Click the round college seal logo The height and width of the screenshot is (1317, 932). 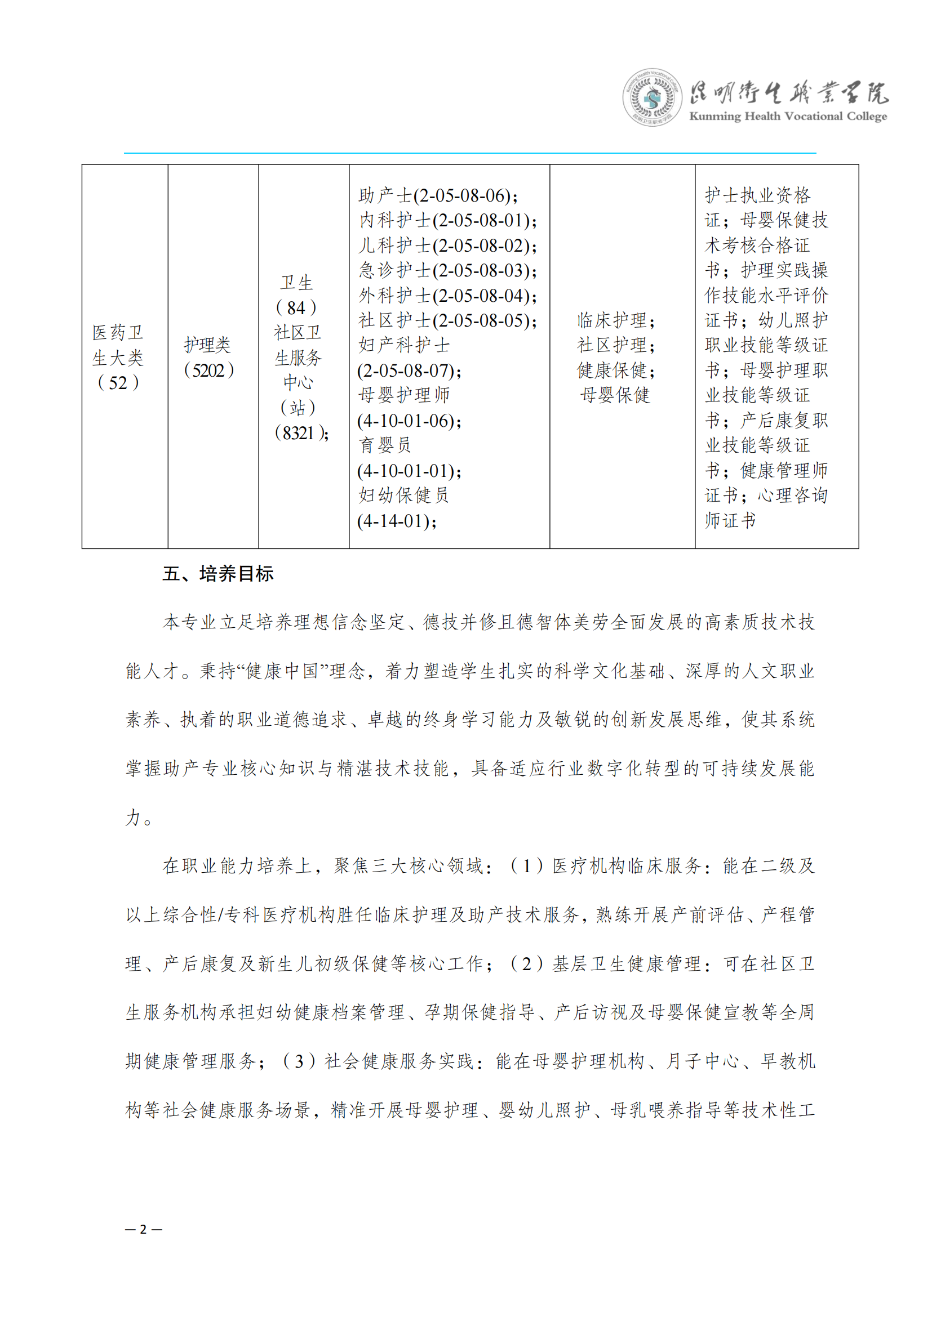click(652, 97)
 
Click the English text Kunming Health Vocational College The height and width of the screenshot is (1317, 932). click(787, 117)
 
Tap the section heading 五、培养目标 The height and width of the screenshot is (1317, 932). click(218, 574)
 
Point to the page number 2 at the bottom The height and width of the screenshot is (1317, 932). click(144, 1229)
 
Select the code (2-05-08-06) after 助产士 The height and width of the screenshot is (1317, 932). click(465, 196)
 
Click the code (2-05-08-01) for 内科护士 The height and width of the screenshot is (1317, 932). click(485, 221)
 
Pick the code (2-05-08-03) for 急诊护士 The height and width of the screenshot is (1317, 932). click(485, 271)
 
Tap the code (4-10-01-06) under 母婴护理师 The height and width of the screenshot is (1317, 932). click(409, 421)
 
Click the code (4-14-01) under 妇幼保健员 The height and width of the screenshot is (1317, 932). click(396, 521)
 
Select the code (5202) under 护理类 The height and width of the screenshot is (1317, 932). click(208, 370)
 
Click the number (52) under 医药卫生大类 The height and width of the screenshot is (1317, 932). click(118, 382)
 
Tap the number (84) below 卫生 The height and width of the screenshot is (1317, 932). click(296, 308)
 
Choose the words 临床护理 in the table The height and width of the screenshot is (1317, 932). click(613, 320)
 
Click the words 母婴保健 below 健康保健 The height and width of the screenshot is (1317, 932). click(615, 395)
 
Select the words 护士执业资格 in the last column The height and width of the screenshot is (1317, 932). click(757, 195)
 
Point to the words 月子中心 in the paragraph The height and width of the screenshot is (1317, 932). click(702, 1061)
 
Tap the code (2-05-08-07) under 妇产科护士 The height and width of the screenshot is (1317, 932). click(409, 371)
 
